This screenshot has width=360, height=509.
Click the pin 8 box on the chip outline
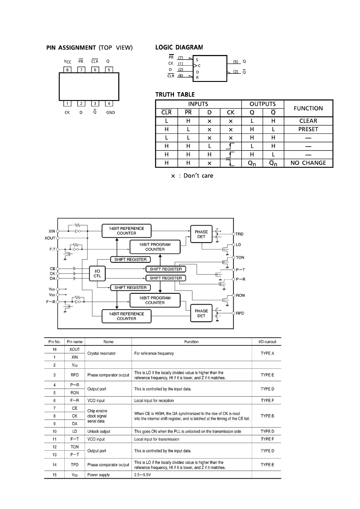pos(67,70)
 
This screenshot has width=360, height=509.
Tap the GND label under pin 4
pos(110,112)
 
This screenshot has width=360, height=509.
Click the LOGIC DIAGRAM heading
pos(179,47)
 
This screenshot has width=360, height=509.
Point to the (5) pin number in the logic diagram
pos(236,62)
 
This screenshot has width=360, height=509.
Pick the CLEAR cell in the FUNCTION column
pos(308,121)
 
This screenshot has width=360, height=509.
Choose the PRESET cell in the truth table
pos(308,129)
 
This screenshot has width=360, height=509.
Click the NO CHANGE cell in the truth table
pos(308,163)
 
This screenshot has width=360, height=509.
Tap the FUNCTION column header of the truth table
pos(308,108)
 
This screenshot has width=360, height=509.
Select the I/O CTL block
pos(97,274)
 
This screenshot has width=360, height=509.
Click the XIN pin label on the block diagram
pos(52,231)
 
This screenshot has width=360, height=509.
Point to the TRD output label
pos(240,234)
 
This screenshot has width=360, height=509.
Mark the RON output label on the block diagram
pos(240,295)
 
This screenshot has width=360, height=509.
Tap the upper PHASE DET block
pos(201,234)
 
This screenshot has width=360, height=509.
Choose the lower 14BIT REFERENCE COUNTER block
pos(126,316)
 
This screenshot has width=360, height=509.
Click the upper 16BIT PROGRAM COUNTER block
pos(155,247)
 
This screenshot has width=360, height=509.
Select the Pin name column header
pos(75,342)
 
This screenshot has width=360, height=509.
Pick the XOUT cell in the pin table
pos(75,349)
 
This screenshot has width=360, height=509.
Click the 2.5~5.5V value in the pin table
pos(142,475)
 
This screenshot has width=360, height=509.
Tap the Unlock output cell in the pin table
pos(99,431)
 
